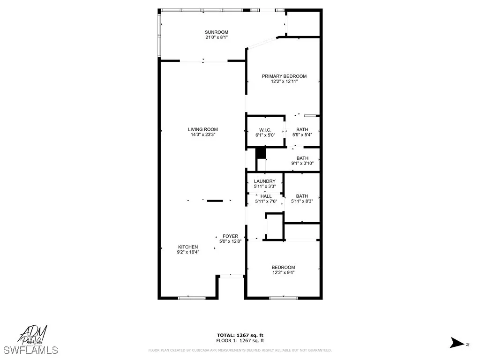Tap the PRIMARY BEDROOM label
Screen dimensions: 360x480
tap(284, 76)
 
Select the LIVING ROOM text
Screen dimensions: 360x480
tap(203, 129)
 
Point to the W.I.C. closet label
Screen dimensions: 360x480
tap(265, 130)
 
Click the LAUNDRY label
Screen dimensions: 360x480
tap(265, 181)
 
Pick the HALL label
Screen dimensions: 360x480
tap(266, 196)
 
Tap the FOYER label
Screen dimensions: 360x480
tap(230, 236)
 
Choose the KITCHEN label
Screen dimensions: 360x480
tap(188, 247)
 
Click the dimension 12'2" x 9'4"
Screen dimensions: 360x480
tap(284, 272)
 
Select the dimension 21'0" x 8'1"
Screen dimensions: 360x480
tap(216, 37)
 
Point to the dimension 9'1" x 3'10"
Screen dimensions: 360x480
tap(302, 164)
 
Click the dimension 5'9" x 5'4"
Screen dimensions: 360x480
tap(302, 135)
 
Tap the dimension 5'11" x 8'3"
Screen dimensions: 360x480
tap(302, 202)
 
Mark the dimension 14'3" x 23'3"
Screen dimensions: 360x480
tap(203, 135)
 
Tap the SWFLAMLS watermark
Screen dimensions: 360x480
tap(30, 350)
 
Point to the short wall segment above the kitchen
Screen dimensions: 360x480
tap(215, 201)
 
